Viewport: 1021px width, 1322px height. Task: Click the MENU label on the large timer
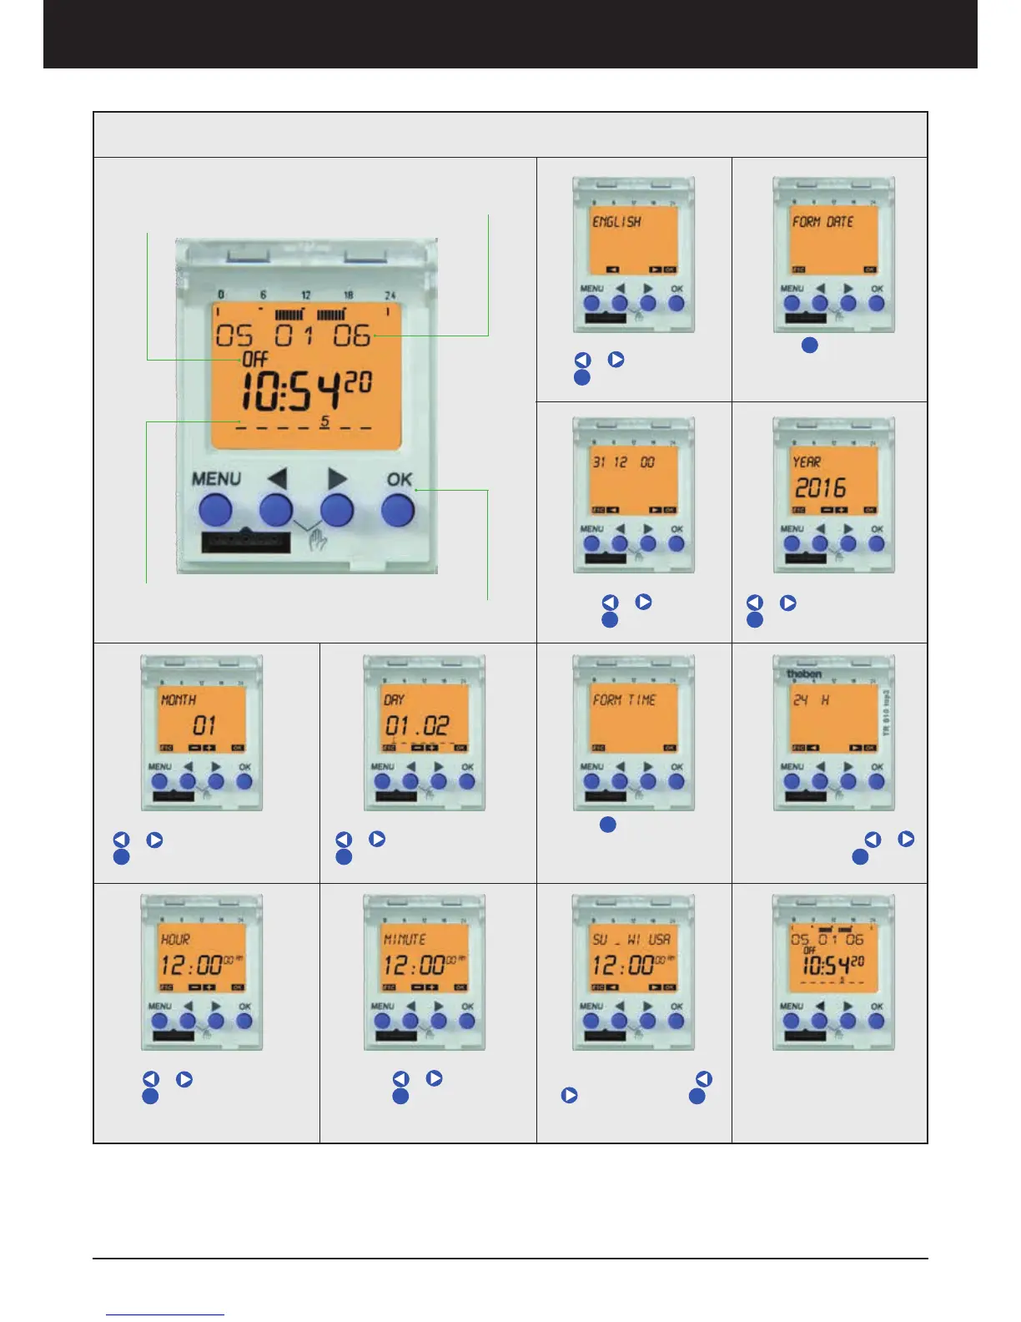[x=216, y=479]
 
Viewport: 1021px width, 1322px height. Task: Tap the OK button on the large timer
[x=398, y=509]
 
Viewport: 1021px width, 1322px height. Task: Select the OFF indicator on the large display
[x=254, y=360]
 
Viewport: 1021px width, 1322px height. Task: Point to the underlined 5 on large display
[x=324, y=421]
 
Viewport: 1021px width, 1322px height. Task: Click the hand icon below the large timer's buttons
[x=318, y=544]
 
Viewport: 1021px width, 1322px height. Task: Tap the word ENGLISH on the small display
[x=616, y=222]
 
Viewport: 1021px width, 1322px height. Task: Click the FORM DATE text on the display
[x=822, y=222]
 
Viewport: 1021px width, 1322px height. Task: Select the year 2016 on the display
[x=819, y=487]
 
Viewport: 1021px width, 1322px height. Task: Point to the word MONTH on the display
[x=178, y=700]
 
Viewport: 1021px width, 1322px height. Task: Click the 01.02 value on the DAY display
[x=417, y=725]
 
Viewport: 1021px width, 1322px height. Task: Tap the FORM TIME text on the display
[x=624, y=700]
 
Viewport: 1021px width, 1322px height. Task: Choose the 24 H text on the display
[x=811, y=700]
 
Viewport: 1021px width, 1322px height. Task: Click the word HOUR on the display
[x=175, y=940]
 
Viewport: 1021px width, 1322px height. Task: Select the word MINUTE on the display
[x=404, y=940]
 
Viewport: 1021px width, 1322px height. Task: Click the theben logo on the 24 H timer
[x=804, y=674]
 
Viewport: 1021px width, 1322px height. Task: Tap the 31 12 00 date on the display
[x=623, y=462]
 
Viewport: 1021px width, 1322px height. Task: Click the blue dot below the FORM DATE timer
[x=809, y=345]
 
